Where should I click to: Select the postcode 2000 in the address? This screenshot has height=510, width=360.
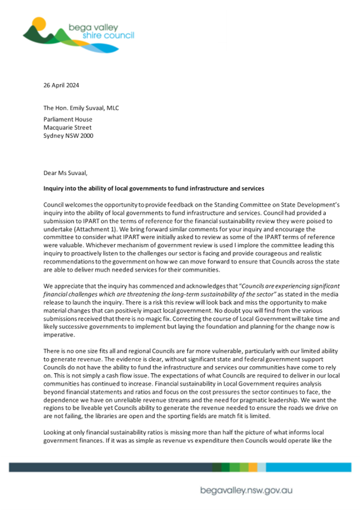tap(99, 136)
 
